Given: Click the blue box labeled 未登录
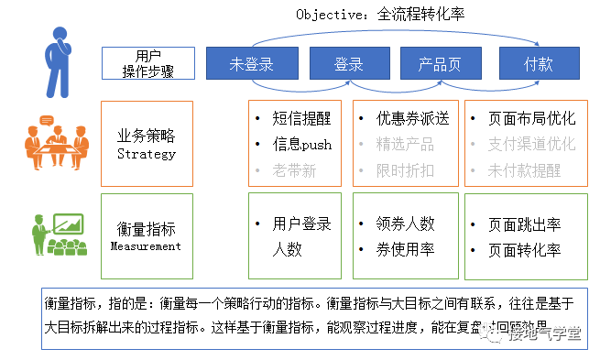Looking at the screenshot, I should point(251,65).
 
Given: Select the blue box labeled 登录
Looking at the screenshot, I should point(348,65).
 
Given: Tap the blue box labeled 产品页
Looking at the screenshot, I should point(440,65).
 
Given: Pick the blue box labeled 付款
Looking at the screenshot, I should point(538,65).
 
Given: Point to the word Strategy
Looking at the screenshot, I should point(146,153).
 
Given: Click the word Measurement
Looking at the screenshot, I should point(146,245).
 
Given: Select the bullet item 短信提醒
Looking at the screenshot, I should point(301,118).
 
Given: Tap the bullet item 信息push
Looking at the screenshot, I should point(301,144).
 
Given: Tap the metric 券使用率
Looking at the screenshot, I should point(404,249).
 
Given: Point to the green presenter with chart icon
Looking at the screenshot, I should point(59,235).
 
